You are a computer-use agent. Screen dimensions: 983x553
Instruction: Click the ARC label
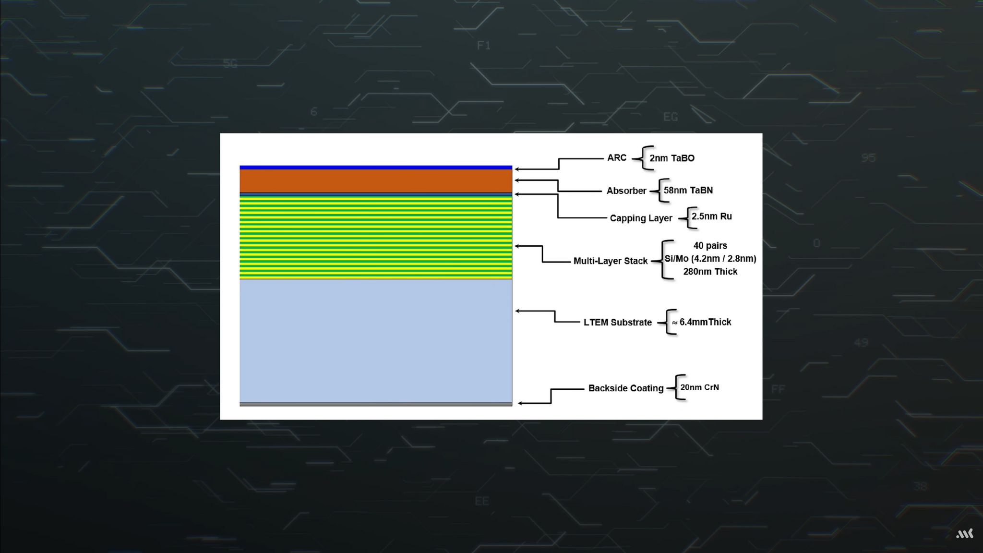pyautogui.click(x=617, y=158)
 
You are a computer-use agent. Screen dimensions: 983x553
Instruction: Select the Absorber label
pyautogui.click(x=626, y=191)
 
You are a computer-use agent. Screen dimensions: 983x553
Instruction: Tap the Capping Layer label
pyautogui.click(x=641, y=218)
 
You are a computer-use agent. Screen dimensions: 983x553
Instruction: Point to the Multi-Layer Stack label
pyautogui.click(x=611, y=261)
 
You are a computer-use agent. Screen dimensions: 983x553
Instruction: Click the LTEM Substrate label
pyautogui.click(x=618, y=323)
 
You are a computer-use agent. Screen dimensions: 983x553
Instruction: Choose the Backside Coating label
pyautogui.click(x=626, y=388)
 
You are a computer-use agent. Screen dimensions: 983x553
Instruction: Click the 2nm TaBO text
pyautogui.click(x=672, y=158)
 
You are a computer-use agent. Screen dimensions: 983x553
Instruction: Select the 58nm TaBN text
pyautogui.click(x=688, y=191)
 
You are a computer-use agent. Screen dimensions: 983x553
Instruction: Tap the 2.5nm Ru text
pyautogui.click(x=712, y=216)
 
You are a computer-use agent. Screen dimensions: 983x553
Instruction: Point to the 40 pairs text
pyautogui.click(x=710, y=246)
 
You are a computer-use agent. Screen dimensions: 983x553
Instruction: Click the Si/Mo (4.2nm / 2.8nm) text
pyautogui.click(x=710, y=259)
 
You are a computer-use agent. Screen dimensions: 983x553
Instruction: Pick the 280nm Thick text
pyautogui.click(x=710, y=272)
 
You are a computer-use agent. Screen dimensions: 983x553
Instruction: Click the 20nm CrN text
pyautogui.click(x=700, y=387)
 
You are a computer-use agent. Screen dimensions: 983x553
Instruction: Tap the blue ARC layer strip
pyautogui.click(x=376, y=168)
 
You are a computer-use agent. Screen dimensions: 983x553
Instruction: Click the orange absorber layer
pyautogui.click(x=376, y=181)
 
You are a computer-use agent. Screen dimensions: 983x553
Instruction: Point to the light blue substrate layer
pyautogui.click(x=376, y=341)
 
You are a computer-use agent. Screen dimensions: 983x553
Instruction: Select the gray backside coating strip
pyautogui.click(x=376, y=404)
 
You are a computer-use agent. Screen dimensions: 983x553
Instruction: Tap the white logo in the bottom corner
pyautogui.click(x=965, y=534)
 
